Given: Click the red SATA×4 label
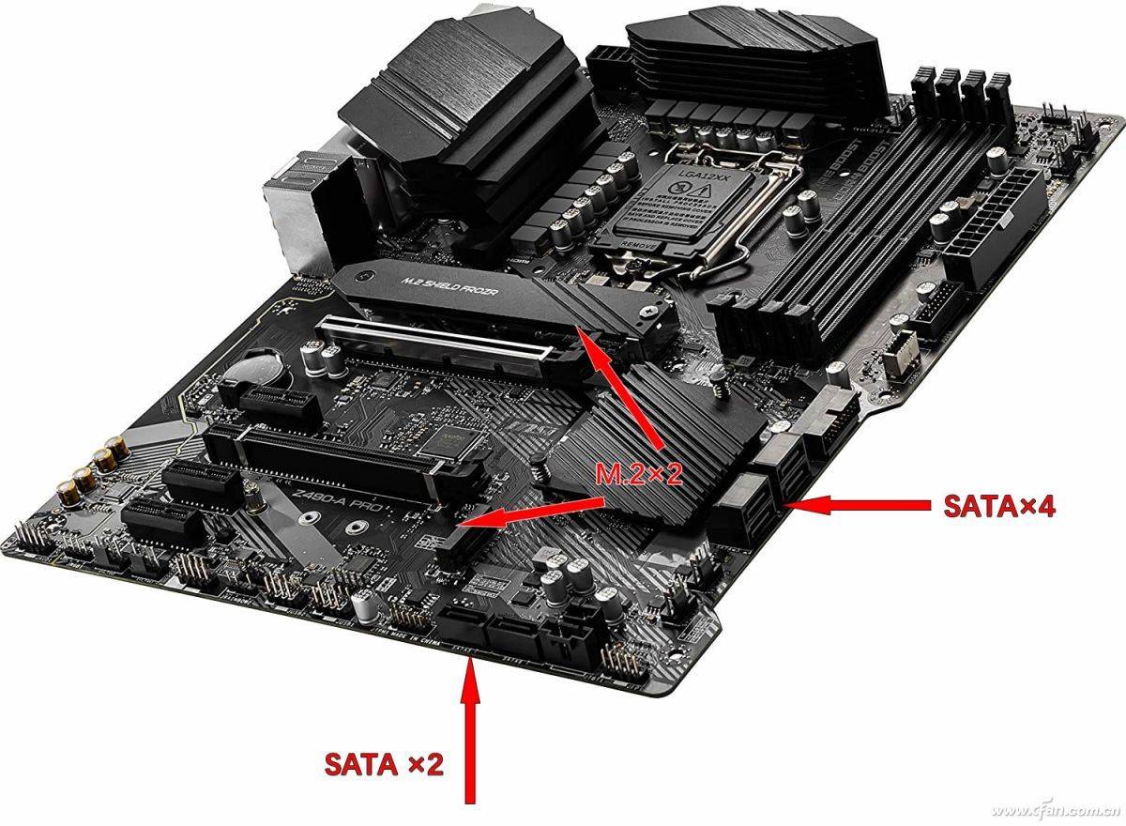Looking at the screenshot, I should click(x=999, y=507).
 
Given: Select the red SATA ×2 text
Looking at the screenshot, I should click(x=383, y=764).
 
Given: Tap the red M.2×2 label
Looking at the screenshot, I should click(x=639, y=475).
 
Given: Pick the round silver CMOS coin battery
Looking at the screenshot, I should click(x=256, y=370).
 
